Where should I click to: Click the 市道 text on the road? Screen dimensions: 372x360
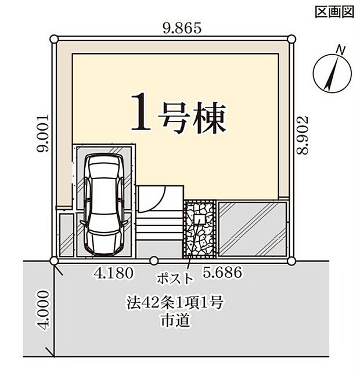174,319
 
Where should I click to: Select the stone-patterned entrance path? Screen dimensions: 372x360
199,229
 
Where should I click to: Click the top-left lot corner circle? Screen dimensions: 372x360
54,40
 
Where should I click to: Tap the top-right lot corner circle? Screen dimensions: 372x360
291,40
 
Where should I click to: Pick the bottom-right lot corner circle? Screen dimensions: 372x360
291,261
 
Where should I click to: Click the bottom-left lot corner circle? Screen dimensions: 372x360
54,261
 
